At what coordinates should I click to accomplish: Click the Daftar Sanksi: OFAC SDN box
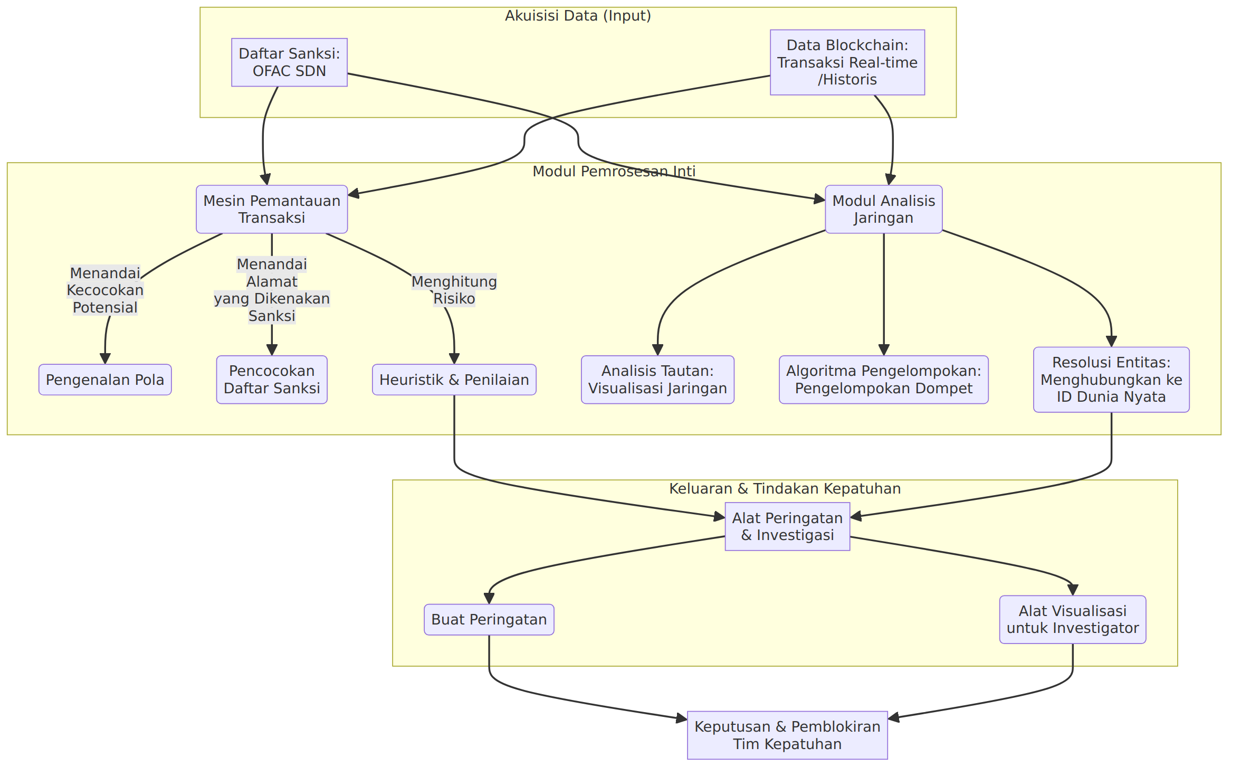click(x=289, y=62)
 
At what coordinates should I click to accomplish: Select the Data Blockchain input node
click(x=847, y=62)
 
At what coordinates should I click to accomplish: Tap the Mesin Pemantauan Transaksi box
click(x=272, y=209)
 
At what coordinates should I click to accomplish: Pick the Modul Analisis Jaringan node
click(x=884, y=209)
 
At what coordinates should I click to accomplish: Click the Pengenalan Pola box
click(x=105, y=380)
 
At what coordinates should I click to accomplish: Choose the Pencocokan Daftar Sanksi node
click(x=272, y=380)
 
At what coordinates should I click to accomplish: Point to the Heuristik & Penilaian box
click(x=454, y=380)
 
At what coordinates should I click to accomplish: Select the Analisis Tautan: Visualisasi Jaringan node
click(x=657, y=380)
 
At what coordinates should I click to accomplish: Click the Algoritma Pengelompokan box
click(x=884, y=380)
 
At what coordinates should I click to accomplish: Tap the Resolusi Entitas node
click(x=1111, y=380)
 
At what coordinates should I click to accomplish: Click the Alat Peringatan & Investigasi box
click(x=787, y=526)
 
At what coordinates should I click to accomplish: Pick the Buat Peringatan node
click(x=489, y=619)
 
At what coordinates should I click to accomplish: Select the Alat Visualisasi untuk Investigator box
click(x=1073, y=619)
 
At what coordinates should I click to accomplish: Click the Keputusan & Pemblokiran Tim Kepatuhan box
click(x=787, y=735)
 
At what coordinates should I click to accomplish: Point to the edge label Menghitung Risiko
click(x=454, y=290)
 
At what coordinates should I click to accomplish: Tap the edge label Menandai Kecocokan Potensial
click(x=105, y=290)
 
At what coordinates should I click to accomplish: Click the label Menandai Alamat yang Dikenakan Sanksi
click(x=272, y=290)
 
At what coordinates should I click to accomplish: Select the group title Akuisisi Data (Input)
click(x=578, y=16)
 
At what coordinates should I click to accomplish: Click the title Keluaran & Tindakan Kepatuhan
click(x=785, y=489)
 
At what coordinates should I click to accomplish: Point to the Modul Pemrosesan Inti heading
click(x=614, y=171)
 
